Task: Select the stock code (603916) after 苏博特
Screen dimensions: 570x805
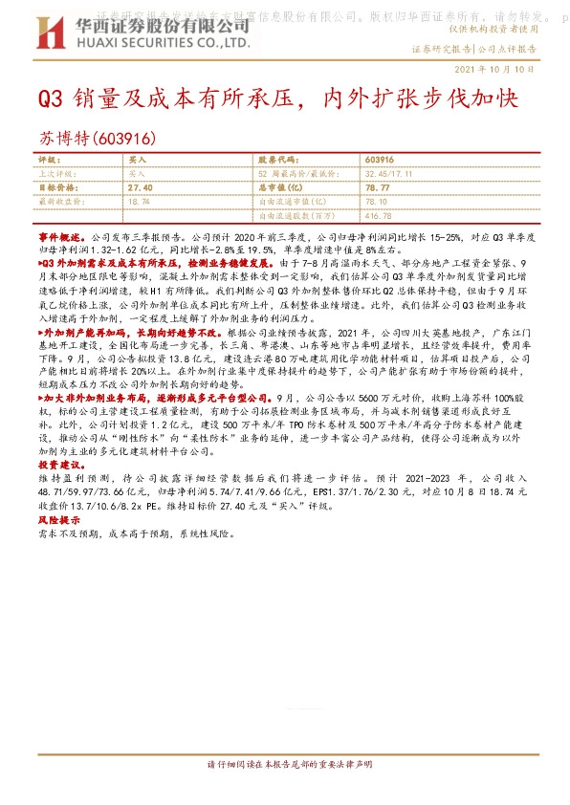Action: pyautogui.click(x=125, y=139)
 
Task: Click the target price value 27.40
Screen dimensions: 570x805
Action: pyautogui.click(x=140, y=188)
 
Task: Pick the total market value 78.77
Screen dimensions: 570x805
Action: pyautogui.click(x=379, y=188)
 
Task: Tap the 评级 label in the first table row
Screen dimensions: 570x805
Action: pyautogui.click(x=48, y=161)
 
